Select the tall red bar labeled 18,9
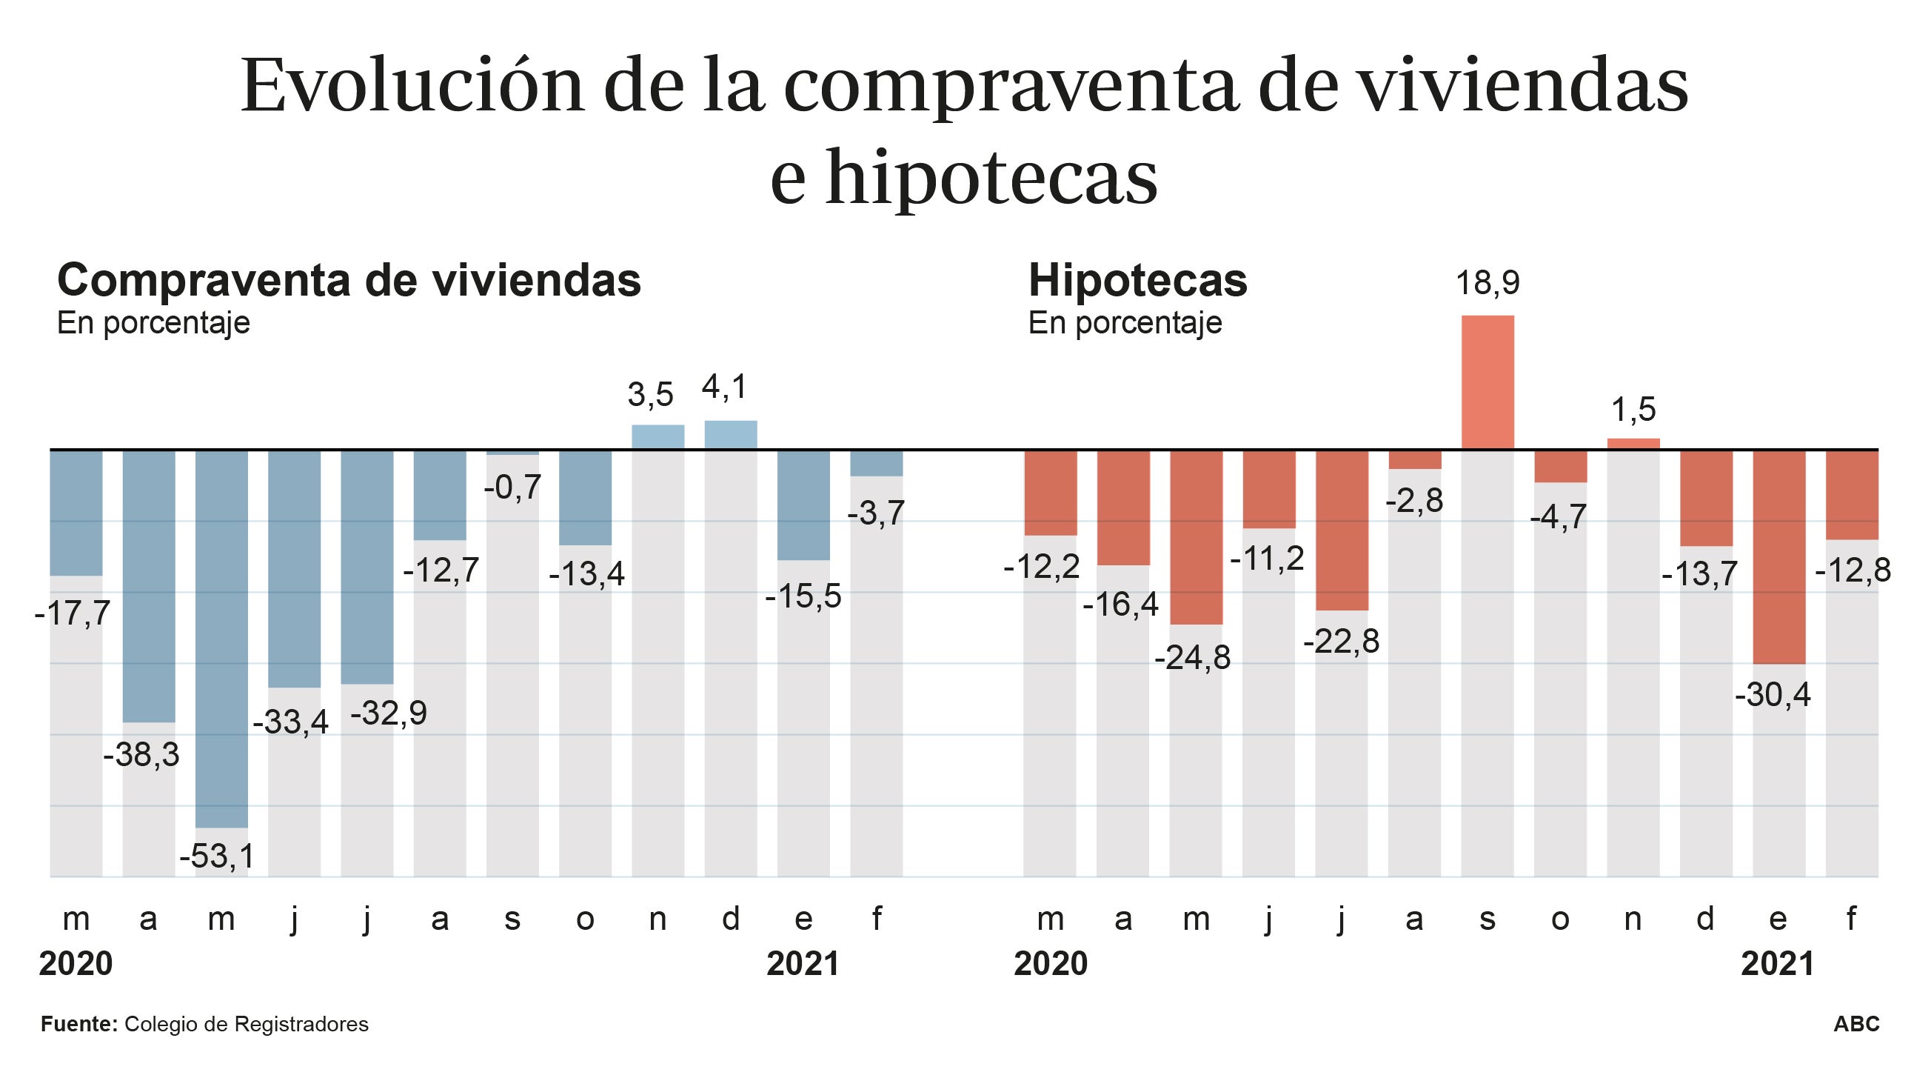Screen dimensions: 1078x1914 1488,382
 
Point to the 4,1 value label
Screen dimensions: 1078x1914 724,387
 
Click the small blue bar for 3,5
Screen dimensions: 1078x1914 657,437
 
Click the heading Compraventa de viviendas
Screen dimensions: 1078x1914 349,281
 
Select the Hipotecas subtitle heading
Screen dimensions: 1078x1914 1137,281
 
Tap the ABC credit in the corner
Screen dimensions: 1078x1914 1856,1024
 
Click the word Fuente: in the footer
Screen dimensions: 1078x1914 78,1024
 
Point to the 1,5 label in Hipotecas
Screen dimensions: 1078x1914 1633,410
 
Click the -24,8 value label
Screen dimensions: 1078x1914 1192,658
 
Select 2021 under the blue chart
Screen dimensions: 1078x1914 803,964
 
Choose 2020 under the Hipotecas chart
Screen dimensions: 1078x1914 1050,964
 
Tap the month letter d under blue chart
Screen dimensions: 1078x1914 730,919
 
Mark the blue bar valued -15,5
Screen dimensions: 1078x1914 803,505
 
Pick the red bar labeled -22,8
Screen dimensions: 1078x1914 1341,530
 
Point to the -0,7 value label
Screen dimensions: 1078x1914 512,488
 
